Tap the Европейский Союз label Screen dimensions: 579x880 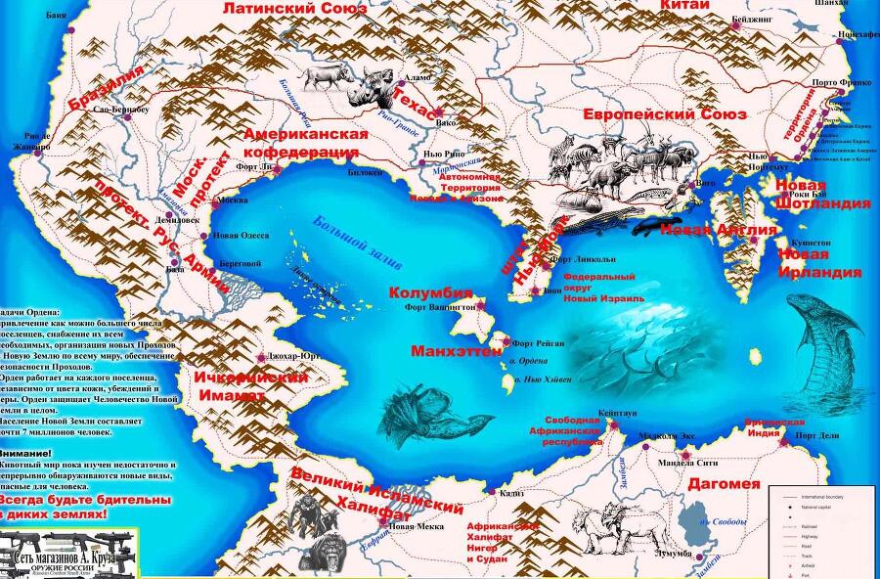click(665, 114)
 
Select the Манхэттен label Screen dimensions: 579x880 click(457, 350)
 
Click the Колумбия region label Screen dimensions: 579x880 click(431, 292)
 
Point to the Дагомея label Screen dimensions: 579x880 click(725, 483)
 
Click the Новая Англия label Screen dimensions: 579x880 click(719, 230)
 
